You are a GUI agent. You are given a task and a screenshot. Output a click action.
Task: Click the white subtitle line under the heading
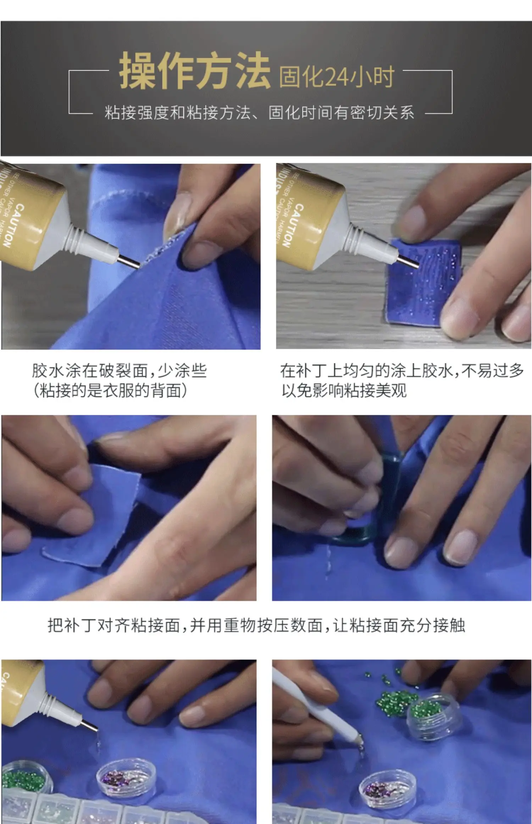point(259,113)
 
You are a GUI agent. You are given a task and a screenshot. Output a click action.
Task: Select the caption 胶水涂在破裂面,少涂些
point(119,371)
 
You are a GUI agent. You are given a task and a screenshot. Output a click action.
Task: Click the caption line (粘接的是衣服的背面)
point(110,391)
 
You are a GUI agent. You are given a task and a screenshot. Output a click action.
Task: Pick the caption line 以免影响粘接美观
point(344,391)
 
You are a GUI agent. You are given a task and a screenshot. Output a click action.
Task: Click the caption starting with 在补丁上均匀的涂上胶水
point(402,371)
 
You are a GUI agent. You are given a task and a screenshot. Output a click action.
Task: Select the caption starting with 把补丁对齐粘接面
point(256,625)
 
